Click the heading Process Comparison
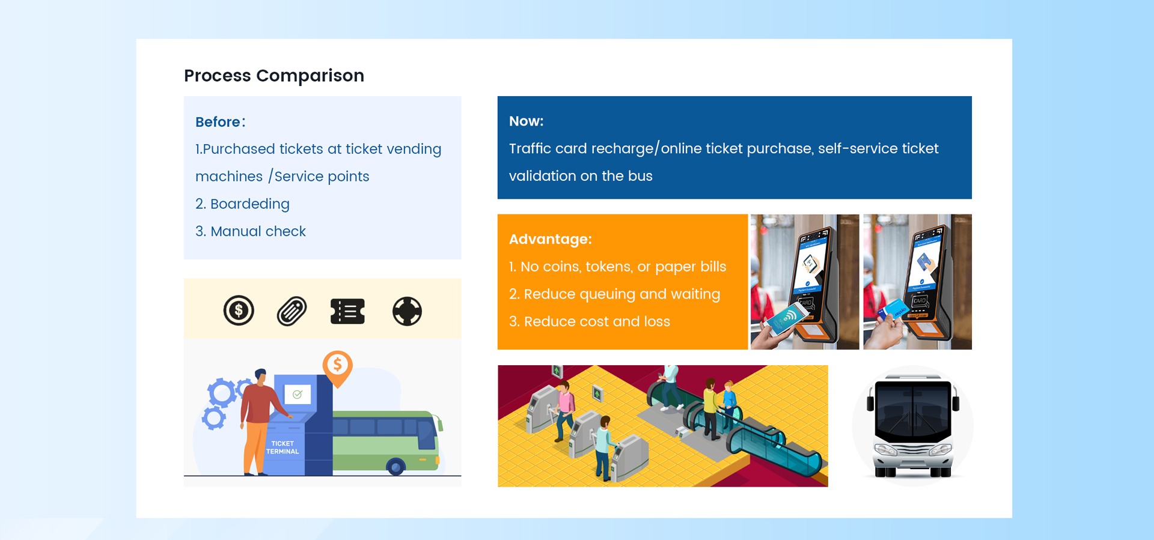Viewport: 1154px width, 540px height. (274, 76)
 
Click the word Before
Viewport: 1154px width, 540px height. (218, 122)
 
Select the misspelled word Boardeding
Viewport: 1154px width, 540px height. (250, 204)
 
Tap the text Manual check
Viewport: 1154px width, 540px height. (258, 231)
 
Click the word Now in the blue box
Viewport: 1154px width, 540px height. (524, 121)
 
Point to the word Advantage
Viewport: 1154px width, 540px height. (548, 239)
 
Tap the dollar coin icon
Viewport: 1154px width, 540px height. (239, 311)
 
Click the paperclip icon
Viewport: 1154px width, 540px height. (292, 311)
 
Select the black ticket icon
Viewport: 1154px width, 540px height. (347, 311)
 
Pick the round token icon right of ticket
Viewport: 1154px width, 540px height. (407, 311)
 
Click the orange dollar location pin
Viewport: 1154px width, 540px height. (337, 366)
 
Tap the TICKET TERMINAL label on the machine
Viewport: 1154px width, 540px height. (282, 447)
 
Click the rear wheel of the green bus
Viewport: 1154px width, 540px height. (395, 466)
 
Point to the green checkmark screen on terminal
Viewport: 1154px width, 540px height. (298, 395)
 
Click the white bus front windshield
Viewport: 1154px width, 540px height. (913, 411)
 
